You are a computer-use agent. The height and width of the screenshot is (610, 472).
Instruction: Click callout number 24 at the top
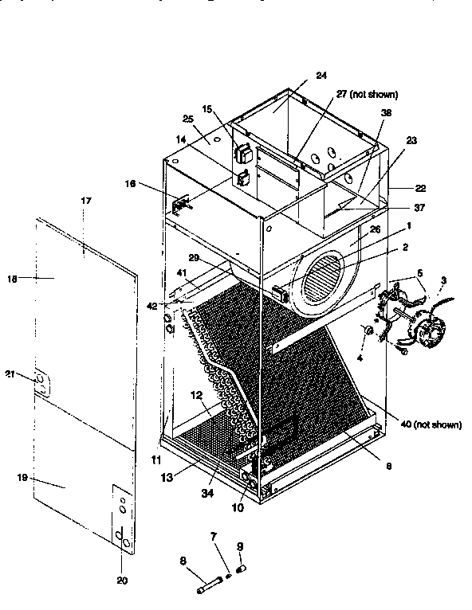pyautogui.click(x=321, y=76)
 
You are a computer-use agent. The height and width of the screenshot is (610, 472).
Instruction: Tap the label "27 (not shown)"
pyautogui.click(x=366, y=94)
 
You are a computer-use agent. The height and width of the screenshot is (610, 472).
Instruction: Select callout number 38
pyautogui.click(x=387, y=113)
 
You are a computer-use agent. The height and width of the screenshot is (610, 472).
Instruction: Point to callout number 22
pyautogui.click(x=420, y=188)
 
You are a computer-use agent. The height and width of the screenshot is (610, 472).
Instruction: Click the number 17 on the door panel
pyautogui.click(x=86, y=201)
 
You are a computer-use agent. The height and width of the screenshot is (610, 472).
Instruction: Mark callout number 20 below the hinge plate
pyautogui.click(x=122, y=580)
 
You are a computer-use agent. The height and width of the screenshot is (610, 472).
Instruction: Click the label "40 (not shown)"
pyautogui.click(x=431, y=424)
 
